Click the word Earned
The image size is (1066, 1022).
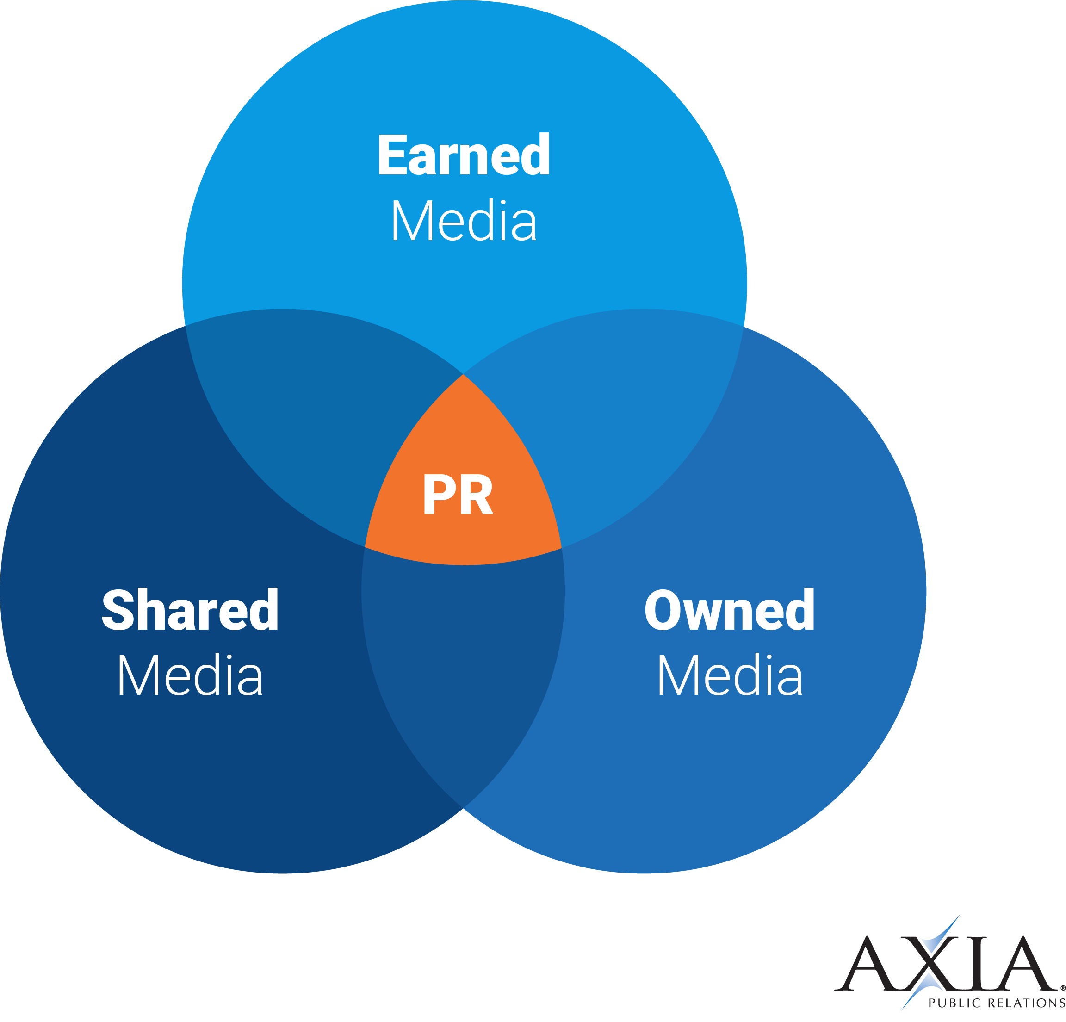464,155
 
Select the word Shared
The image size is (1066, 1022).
190,610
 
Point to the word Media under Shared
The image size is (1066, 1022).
190,675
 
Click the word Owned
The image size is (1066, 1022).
729,610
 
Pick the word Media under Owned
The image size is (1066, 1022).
729,675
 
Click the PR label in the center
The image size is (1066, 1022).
458,495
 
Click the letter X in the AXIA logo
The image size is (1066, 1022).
930,963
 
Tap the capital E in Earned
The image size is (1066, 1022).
391,155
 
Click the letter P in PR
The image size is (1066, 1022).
437,495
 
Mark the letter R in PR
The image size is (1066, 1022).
477,495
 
